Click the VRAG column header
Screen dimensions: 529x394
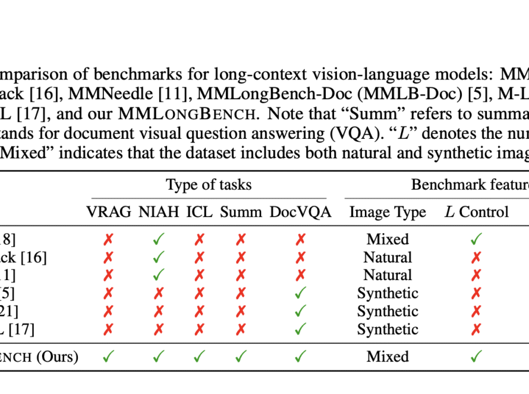coord(109,212)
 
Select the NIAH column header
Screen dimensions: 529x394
coord(159,212)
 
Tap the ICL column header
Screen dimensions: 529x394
coord(199,212)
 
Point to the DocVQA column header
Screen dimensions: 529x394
coord(300,212)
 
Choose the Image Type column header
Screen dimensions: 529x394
coord(388,212)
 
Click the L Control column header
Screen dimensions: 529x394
coord(476,212)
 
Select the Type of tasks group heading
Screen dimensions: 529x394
coord(209,185)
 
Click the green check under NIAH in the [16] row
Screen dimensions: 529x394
coord(158,258)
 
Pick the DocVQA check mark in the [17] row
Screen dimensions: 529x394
coord(300,329)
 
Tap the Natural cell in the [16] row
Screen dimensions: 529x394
coord(388,258)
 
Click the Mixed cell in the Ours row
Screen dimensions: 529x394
coord(388,357)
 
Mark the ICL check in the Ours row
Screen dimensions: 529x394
coord(199,356)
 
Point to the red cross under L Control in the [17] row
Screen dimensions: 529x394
coord(476,329)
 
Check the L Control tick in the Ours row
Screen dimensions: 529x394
coord(476,356)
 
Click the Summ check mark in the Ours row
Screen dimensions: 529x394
coord(241,356)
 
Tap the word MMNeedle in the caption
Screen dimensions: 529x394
coord(111,94)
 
